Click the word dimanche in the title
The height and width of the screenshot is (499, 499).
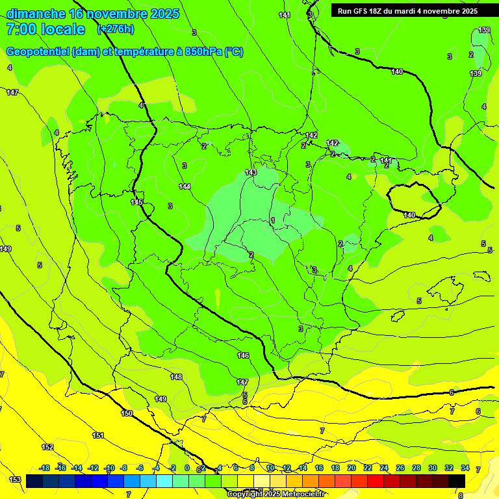[x=36, y=14]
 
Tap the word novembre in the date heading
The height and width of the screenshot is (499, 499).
[x=116, y=14]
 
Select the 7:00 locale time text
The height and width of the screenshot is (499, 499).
[x=45, y=29]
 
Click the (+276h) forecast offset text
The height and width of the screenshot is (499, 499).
[x=115, y=29]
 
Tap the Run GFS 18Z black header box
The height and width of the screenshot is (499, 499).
[x=407, y=10]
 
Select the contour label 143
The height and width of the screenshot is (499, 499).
[x=251, y=172]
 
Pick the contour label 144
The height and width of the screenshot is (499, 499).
[x=185, y=186]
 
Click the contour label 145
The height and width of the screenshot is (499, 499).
[x=136, y=202]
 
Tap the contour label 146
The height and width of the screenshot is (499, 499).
[x=243, y=355]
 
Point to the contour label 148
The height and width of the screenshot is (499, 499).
[x=176, y=377]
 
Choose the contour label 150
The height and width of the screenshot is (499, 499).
[x=127, y=413]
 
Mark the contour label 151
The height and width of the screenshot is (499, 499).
[x=98, y=435]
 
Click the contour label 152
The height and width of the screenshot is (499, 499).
[x=47, y=447]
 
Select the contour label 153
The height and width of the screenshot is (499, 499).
[x=15, y=480]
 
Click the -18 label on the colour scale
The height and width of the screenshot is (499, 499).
[x=44, y=468]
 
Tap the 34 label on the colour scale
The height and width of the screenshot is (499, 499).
[x=465, y=468]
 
